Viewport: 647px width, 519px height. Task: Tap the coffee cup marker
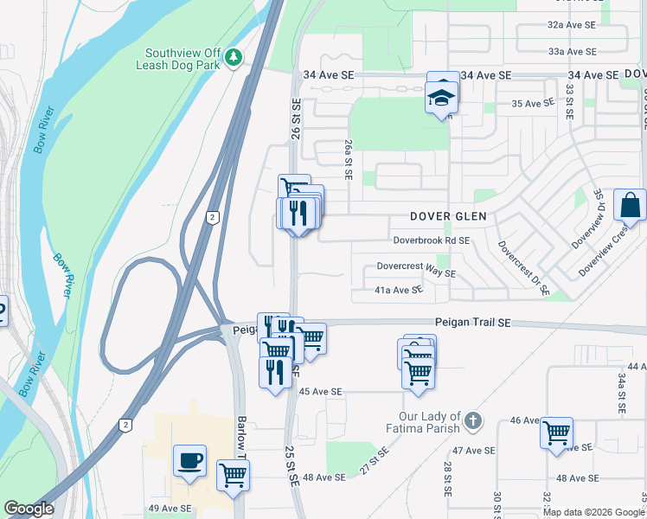[189, 459]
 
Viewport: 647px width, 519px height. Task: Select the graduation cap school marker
[441, 97]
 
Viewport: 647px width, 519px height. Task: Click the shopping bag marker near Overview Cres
[629, 205]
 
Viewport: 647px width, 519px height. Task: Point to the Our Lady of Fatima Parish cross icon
[472, 421]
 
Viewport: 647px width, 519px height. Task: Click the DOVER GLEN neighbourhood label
[449, 215]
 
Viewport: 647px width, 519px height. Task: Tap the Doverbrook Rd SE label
[431, 240]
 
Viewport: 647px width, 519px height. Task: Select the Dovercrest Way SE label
[416, 272]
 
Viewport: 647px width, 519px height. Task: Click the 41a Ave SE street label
[399, 290]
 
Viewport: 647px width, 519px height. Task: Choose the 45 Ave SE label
[321, 392]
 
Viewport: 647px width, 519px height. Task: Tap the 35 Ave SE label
[533, 104]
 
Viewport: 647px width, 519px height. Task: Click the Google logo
[29, 509]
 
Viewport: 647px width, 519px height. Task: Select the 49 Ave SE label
[170, 509]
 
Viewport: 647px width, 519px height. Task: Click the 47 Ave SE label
[474, 451]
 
